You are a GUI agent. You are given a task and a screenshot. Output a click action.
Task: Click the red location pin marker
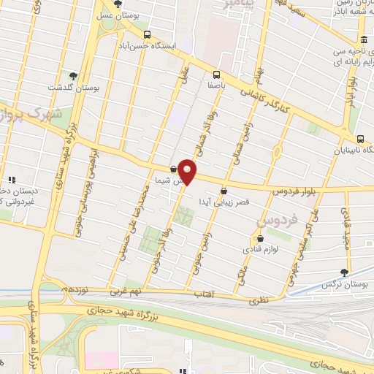tap(188, 172)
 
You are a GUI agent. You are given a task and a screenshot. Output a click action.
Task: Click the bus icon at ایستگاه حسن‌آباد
tap(147, 35)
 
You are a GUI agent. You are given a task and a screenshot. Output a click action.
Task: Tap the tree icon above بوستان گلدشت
tap(72, 75)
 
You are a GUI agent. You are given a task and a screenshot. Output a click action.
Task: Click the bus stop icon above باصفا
tap(216, 75)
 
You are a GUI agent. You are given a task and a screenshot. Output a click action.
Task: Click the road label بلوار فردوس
tap(296, 191)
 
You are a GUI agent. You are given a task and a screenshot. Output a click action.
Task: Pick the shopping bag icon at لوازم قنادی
tap(259, 237)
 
